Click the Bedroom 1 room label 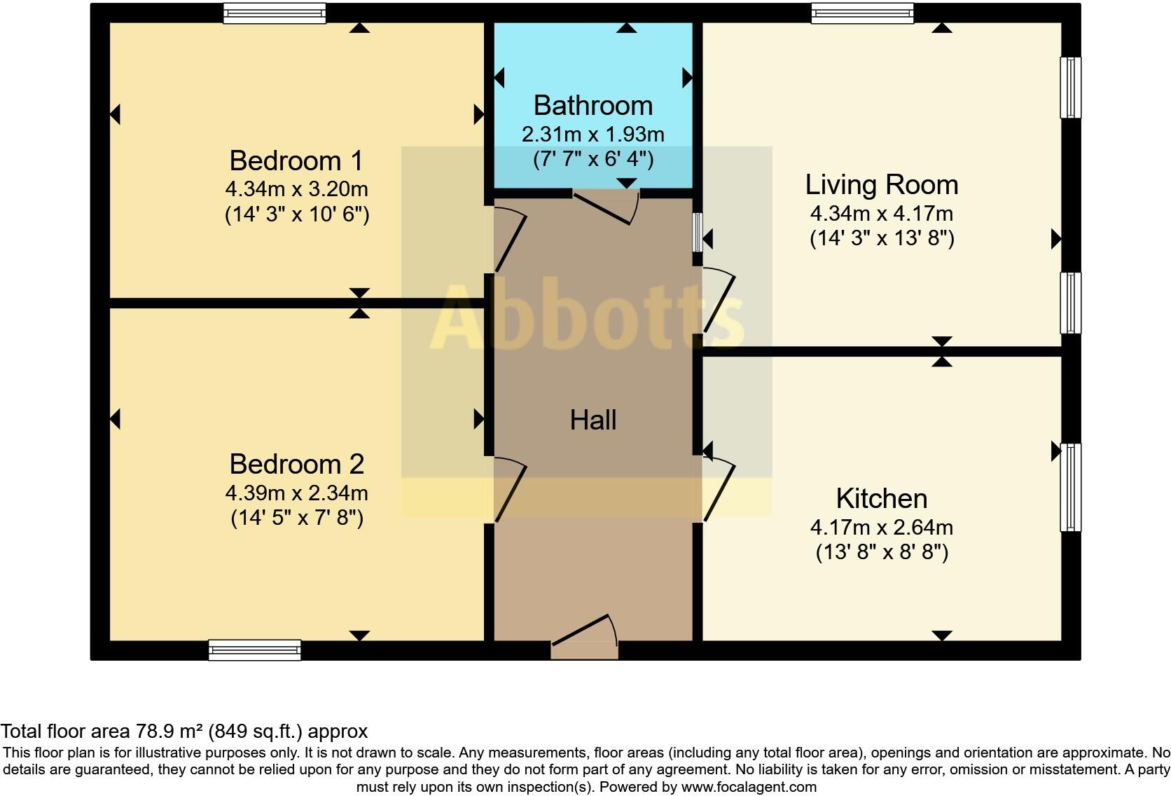tap(296, 160)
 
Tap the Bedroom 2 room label tap(296, 464)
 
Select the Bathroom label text tap(593, 105)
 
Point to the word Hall tap(593, 420)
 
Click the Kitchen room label tap(881, 498)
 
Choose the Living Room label tap(881, 184)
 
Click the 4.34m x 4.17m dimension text tap(881, 213)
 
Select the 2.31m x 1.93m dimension tap(593, 134)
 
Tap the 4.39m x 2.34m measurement tap(296, 493)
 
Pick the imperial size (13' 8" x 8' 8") tap(881, 552)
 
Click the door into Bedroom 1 tap(511, 242)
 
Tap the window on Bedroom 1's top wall tap(274, 13)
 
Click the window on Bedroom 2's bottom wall tap(255, 650)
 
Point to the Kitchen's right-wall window tap(1071, 487)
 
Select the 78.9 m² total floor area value tap(168, 732)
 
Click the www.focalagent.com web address tap(748, 787)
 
